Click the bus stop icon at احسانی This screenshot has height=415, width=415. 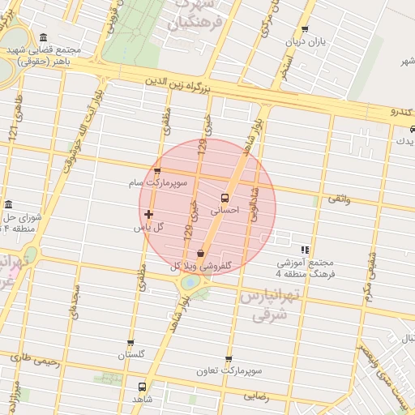coord(225,197)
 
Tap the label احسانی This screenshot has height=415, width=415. coord(226,210)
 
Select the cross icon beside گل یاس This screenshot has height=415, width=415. coord(149,215)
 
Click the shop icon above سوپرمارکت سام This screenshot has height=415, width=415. coord(156,171)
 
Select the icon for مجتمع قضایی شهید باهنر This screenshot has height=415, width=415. coord(43,38)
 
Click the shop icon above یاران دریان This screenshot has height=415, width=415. coord(305,29)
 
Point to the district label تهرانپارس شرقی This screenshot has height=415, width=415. coord(263,306)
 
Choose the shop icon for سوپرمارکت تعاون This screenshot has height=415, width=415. coord(229,358)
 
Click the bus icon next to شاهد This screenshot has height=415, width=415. coord(143,387)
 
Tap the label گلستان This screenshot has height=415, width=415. coord(130,355)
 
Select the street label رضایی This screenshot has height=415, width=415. coord(256,396)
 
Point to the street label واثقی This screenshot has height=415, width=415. coord(339,198)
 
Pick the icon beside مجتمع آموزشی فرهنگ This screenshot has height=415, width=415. coord(305,250)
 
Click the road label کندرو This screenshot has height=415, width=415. coord(402,110)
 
